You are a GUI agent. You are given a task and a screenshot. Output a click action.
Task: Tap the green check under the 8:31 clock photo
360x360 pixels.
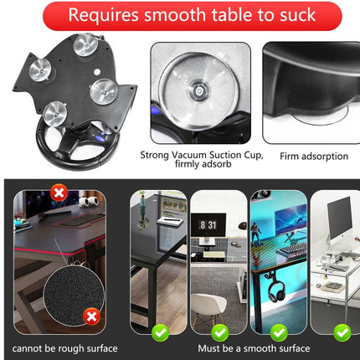[x=220, y=332]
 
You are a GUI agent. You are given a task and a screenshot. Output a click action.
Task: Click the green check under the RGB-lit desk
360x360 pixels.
[x=280, y=332]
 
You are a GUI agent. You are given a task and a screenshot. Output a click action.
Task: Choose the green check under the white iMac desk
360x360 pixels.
[x=341, y=332]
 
